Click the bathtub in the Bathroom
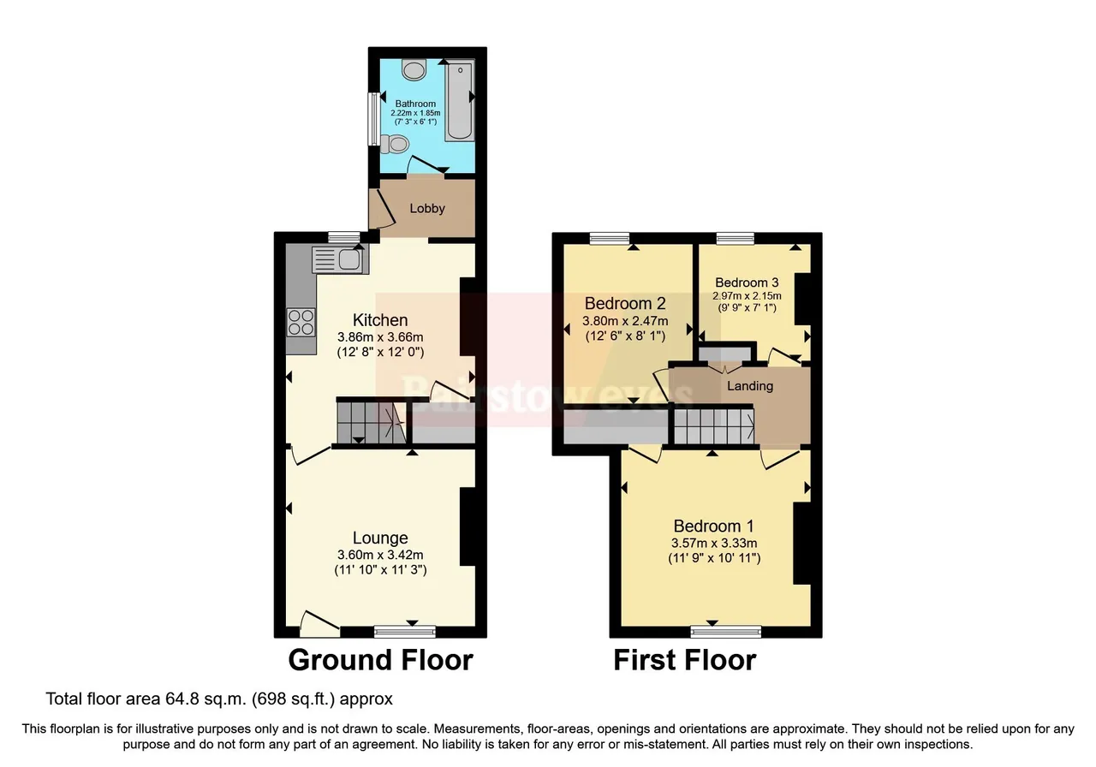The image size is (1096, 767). (x=460, y=101)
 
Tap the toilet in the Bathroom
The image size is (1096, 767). (x=395, y=145)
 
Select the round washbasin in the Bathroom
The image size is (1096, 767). (x=414, y=70)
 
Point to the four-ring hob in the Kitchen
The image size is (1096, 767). (x=301, y=323)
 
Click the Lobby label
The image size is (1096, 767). (x=427, y=208)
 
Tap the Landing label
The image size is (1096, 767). (x=749, y=386)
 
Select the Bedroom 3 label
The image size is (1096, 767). (x=747, y=282)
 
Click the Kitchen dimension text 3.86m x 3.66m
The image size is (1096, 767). (x=380, y=337)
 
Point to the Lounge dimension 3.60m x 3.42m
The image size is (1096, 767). (x=380, y=555)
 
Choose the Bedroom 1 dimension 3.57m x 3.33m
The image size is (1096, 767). (x=714, y=543)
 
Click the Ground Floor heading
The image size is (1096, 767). (x=381, y=660)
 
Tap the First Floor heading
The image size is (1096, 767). (x=685, y=660)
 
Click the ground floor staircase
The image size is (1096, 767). (x=372, y=420)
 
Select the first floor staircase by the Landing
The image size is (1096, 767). (x=714, y=426)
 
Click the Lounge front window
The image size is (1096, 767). (x=405, y=632)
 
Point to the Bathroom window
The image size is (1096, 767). (x=374, y=118)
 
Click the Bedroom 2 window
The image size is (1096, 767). (x=609, y=238)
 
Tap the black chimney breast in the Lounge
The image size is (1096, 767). (x=468, y=526)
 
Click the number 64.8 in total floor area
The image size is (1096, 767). (x=182, y=699)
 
